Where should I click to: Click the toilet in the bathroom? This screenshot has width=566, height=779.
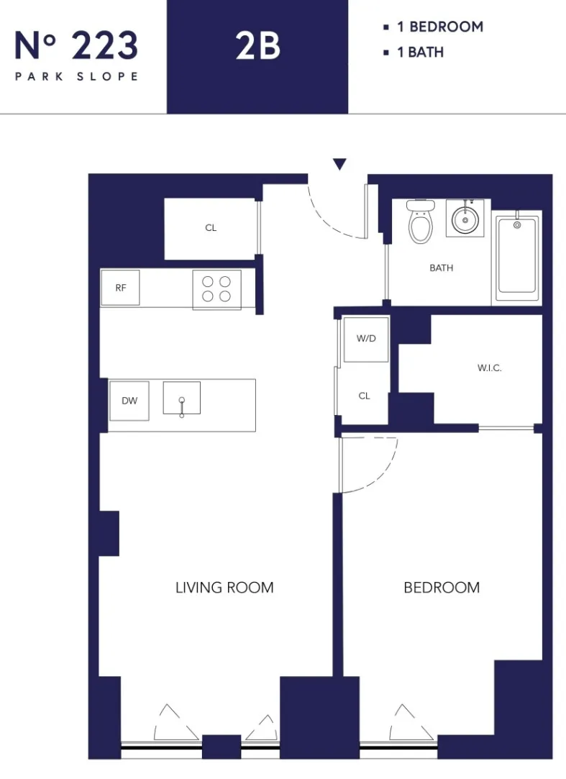point(420,221)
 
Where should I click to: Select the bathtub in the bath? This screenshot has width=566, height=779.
point(516,256)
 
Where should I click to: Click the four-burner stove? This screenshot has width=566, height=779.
point(216,289)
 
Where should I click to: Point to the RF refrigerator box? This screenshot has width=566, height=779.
point(120,288)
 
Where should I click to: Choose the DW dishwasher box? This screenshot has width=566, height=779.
point(129,401)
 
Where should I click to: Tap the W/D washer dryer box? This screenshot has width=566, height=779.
point(366,338)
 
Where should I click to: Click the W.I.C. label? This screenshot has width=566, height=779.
point(489,368)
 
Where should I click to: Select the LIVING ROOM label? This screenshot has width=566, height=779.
point(224,588)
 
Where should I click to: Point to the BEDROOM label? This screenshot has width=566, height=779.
point(441,588)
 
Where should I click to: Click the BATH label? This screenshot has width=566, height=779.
point(441,268)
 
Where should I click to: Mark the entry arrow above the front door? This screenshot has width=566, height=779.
point(339,165)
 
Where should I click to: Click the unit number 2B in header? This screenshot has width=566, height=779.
point(257,47)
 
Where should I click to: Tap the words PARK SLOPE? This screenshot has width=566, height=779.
point(76,76)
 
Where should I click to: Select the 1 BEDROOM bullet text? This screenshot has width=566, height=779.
point(439,27)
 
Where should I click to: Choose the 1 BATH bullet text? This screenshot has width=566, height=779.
point(420,53)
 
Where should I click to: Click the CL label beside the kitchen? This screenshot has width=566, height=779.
point(211,228)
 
